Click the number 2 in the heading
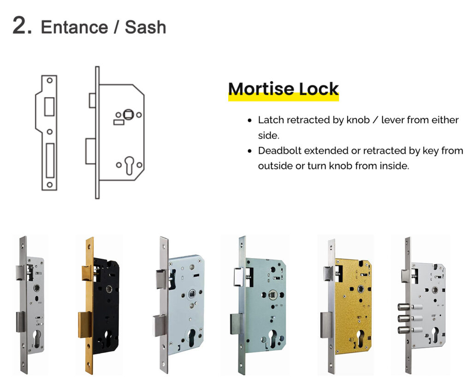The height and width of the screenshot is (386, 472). tap(22, 26)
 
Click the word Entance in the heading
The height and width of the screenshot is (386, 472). tap(74, 27)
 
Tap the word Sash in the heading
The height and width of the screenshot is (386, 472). tap(146, 27)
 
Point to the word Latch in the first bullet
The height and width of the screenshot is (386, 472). tap(271, 120)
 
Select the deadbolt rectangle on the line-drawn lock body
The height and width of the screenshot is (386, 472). tap(90, 151)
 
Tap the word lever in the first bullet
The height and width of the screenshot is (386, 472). tap(394, 120)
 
